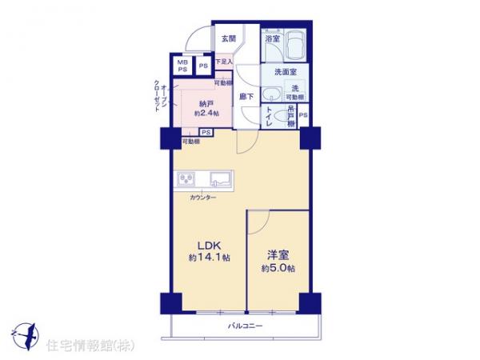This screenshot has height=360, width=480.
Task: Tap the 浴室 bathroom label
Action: coord(271,38)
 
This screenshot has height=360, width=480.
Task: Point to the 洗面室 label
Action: coord(278,71)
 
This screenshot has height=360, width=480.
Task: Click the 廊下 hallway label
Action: coord(247,97)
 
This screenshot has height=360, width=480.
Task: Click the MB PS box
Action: coord(182,66)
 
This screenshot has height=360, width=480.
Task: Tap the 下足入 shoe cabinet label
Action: coord(224,62)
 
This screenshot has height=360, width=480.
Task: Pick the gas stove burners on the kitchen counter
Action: coord(186,178)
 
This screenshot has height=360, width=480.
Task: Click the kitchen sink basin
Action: coord(220,178)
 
